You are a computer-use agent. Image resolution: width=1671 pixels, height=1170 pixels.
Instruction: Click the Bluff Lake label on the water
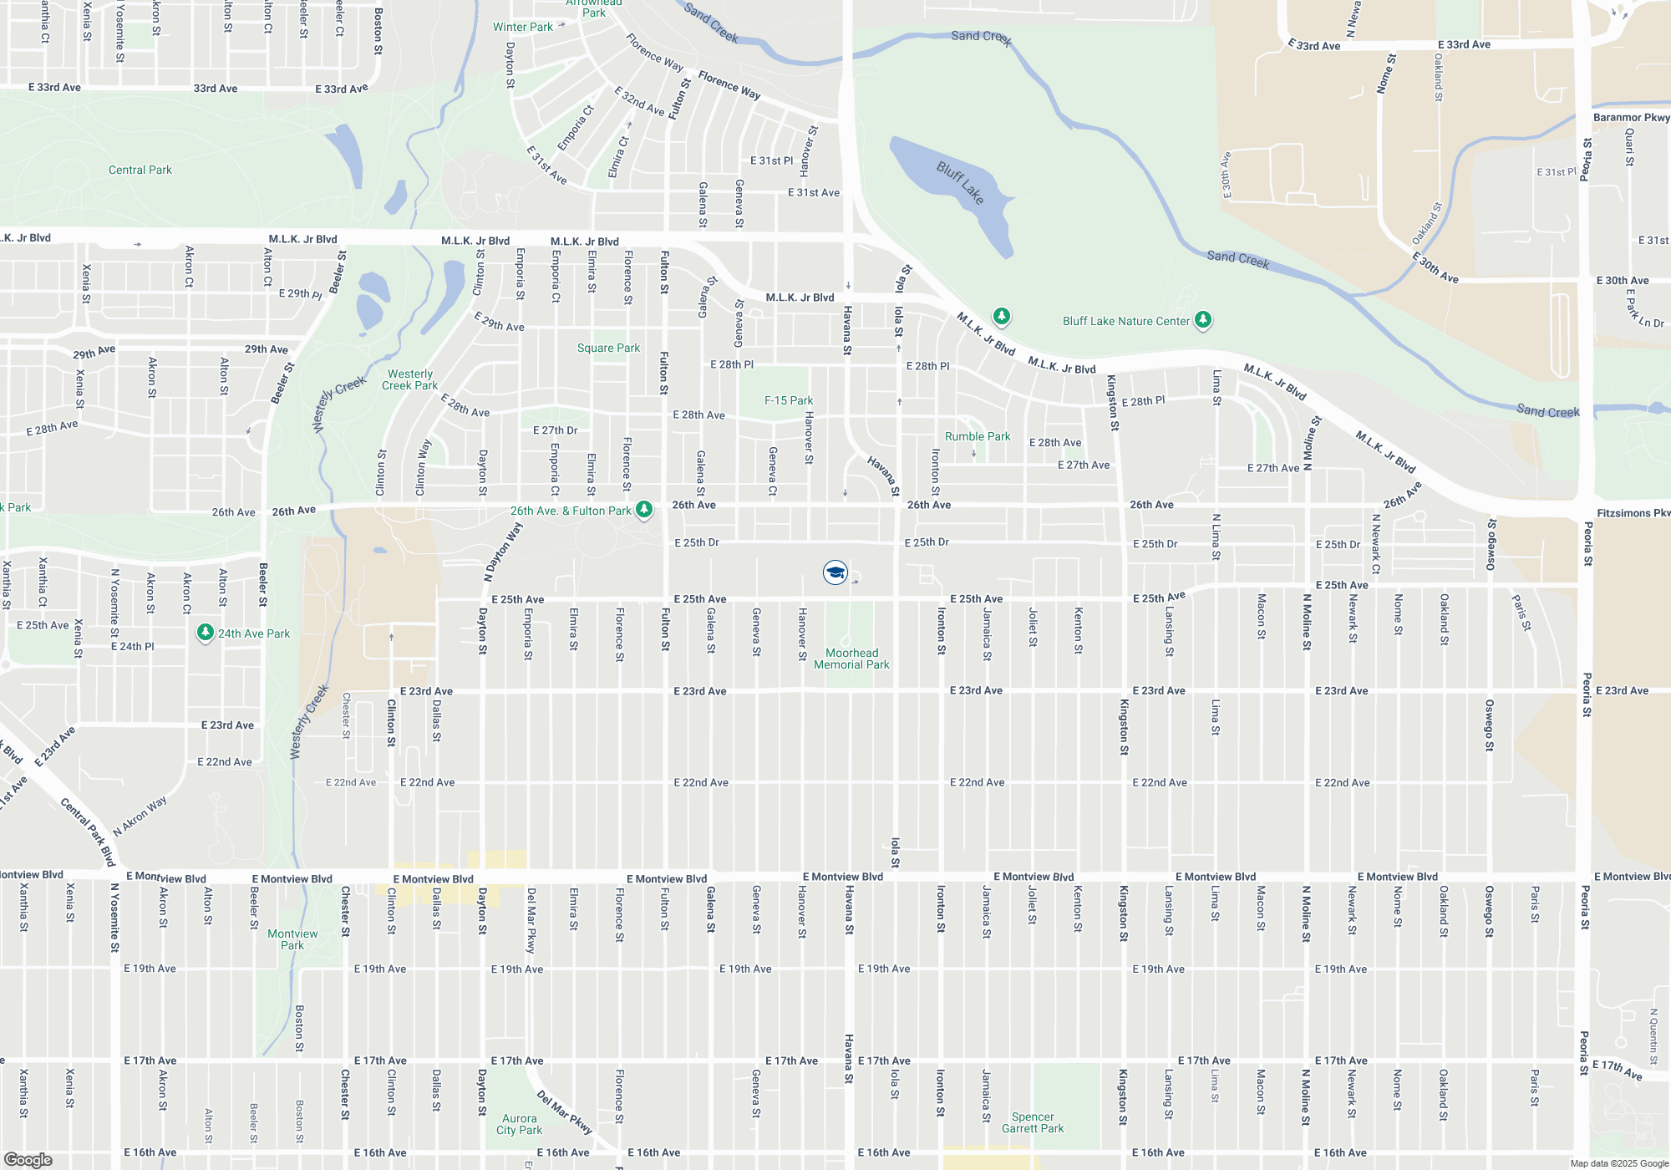coord(960,182)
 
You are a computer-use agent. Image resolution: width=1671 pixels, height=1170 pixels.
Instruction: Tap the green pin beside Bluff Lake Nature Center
coord(1202,319)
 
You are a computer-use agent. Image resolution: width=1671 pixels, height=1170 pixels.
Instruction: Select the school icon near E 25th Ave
coord(835,572)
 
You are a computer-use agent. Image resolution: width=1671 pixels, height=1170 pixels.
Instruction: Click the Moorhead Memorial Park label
coord(851,659)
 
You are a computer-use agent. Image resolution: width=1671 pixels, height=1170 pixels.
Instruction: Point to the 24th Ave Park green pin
coord(206,633)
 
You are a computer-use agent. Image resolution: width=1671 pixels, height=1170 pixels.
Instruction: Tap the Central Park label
coord(140,170)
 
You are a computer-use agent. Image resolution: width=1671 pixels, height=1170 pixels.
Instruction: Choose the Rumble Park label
coord(978,436)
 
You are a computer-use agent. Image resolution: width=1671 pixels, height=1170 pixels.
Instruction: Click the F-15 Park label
coord(789,400)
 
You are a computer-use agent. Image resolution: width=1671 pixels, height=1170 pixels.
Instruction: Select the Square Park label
coord(608,348)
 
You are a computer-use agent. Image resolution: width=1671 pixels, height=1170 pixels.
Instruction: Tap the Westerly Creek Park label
coord(409,379)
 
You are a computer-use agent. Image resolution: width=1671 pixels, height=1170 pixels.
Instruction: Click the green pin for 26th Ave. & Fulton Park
coord(644,509)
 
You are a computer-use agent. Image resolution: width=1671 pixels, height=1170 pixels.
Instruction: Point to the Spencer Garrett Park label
coord(1033,1122)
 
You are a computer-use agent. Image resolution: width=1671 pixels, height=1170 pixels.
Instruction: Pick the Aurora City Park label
coord(519,1124)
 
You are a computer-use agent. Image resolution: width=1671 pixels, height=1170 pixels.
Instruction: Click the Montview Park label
coord(292,939)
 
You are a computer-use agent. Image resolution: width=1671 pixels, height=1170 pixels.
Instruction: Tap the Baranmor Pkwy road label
coord(1631,117)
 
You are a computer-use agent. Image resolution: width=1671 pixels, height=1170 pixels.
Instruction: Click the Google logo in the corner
coord(28,1160)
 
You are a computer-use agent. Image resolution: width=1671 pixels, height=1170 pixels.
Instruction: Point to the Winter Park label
coord(522,27)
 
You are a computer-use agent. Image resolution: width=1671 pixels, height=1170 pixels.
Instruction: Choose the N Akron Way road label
coord(140,816)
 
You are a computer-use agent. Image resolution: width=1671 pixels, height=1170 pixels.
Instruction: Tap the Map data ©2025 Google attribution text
coord(1619,1163)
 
